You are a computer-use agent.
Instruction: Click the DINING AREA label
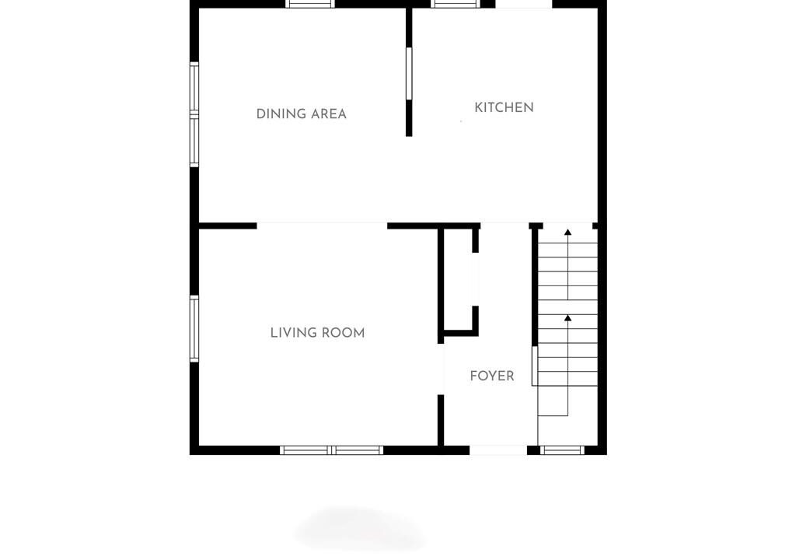(301, 114)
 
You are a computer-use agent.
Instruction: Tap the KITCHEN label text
(504, 108)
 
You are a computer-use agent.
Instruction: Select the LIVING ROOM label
(317, 333)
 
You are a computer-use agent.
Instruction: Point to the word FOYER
(492, 376)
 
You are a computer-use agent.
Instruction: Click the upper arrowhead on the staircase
(568, 233)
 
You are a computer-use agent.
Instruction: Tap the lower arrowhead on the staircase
(568, 317)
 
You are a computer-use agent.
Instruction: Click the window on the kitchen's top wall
(456, 4)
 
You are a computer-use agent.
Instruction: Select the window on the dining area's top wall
(309, 4)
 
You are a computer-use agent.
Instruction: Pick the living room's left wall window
(194, 329)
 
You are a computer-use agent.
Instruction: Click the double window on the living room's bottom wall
(331, 450)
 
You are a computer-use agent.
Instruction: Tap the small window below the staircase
(561, 450)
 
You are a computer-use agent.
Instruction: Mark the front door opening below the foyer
(498, 450)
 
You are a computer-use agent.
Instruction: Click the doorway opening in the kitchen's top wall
(523, 4)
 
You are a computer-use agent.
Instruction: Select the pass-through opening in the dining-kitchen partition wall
(409, 74)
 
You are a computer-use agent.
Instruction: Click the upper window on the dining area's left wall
(194, 87)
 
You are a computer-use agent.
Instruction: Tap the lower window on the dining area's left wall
(194, 142)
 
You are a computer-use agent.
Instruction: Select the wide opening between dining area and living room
(322, 226)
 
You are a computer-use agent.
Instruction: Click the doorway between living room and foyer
(441, 369)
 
